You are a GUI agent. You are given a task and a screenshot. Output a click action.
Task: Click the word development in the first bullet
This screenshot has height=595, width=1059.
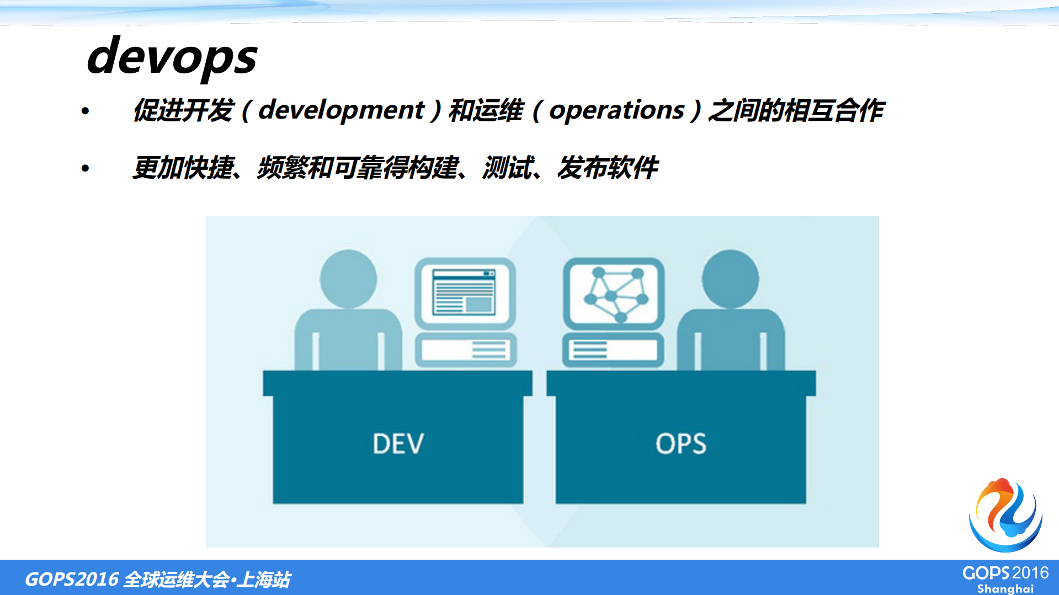coord(341,110)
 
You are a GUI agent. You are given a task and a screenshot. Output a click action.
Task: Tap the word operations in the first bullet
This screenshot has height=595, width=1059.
coord(616,110)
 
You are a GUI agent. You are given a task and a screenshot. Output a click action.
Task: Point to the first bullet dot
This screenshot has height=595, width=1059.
coord(85,111)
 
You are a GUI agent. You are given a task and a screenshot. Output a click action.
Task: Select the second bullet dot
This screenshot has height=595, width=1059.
coord(85,168)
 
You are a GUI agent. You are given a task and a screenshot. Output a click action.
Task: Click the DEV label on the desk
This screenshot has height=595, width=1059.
coord(398,444)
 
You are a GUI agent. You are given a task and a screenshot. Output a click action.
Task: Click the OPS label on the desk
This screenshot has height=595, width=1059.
coord(680,444)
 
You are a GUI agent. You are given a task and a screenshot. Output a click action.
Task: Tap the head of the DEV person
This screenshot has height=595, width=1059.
coord(348,279)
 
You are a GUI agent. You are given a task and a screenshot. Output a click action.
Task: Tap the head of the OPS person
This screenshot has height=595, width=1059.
coord(730,279)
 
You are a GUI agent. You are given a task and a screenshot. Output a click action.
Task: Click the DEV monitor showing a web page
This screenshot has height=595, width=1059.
coord(465,293)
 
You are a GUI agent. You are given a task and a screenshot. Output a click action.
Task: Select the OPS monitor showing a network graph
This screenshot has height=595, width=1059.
coord(614,293)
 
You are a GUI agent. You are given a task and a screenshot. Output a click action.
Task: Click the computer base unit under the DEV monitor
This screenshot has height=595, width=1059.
coord(465,350)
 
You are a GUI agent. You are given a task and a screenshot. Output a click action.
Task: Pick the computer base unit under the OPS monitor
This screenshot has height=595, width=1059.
coord(613,350)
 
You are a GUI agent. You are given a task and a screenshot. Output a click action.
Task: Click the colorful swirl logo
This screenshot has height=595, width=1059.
coord(1005,515)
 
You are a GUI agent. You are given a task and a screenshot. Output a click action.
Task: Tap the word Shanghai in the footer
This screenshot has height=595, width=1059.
coord(1005,588)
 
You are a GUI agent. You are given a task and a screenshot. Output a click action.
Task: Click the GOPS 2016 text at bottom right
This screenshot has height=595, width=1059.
coord(1005,573)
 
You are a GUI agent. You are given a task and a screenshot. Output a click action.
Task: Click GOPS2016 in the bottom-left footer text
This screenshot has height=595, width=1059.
coord(72,579)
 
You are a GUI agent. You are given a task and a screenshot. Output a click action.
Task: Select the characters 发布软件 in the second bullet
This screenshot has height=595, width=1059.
coord(608,168)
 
